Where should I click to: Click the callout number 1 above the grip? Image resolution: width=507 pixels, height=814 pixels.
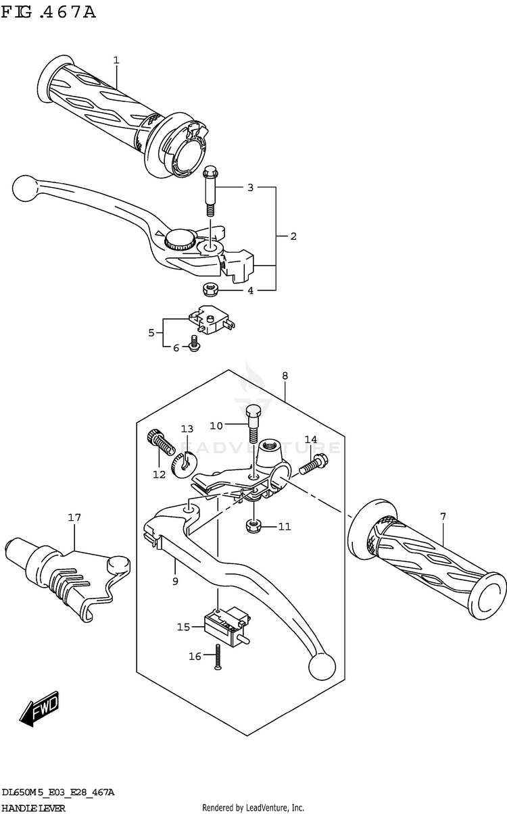(x=116, y=61)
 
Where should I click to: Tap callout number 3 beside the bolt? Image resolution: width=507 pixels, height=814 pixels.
(x=250, y=187)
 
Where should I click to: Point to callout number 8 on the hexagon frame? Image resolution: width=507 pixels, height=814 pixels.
(x=285, y=375)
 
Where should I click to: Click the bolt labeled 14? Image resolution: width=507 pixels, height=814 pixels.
(x=314, y=465)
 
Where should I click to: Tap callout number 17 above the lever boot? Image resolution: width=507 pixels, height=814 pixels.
(x=74, y=518)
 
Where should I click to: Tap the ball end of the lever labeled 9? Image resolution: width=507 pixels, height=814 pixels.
(x=322, y=667)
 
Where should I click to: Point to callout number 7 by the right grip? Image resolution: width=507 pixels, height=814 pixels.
(x=443, y=517)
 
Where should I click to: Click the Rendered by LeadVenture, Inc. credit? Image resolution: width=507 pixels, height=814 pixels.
(x=254, y=808)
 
